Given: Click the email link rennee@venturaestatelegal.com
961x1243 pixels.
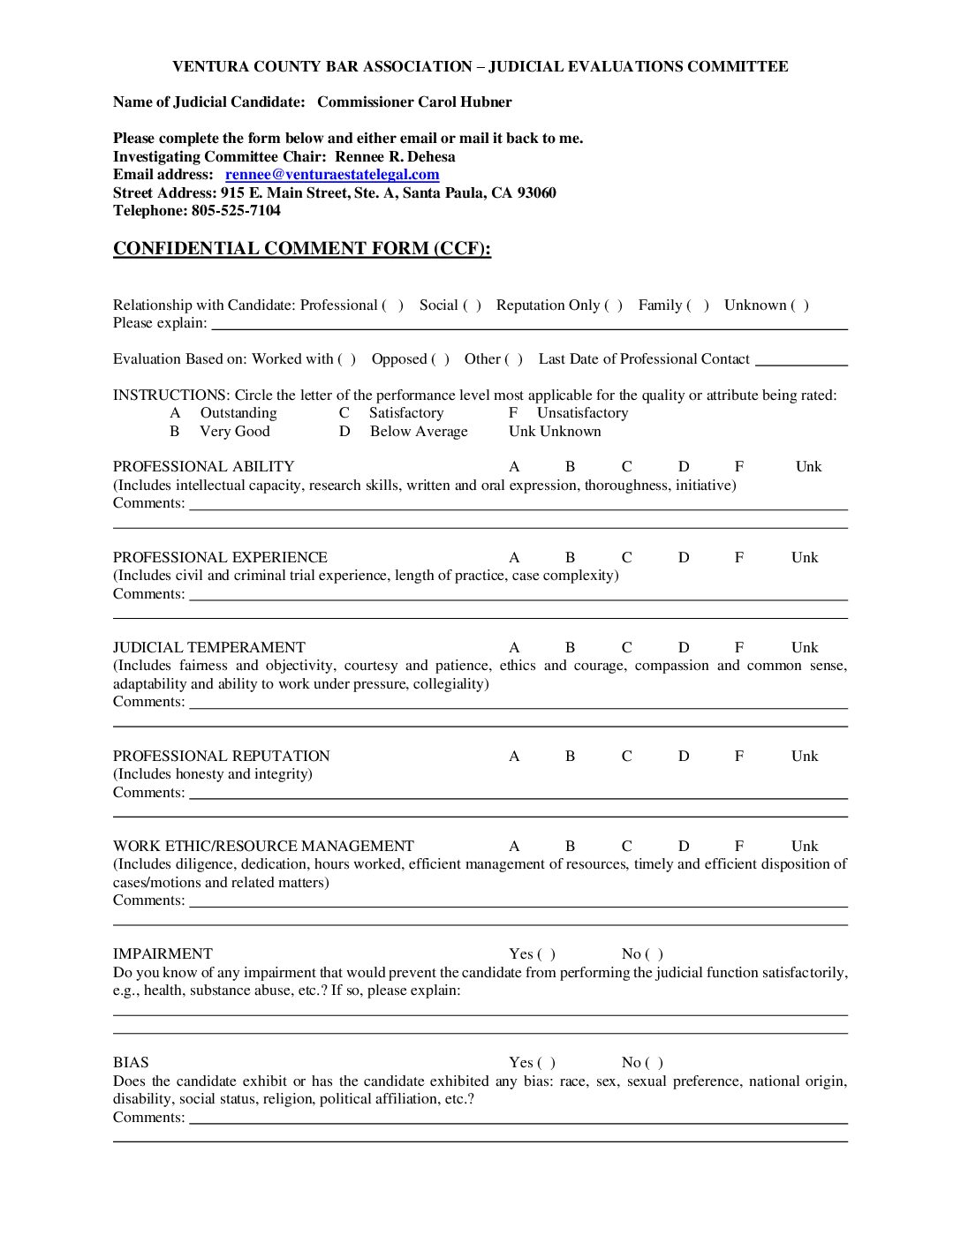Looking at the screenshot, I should point(332,175).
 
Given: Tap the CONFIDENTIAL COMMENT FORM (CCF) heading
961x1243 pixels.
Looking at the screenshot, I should point(301,249).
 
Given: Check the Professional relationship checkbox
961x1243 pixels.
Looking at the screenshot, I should point(392,305).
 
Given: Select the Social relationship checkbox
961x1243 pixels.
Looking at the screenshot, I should point(473,305).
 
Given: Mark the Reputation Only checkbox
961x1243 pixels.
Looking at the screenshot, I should point(614,305).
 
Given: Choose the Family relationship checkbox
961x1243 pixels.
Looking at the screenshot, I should point(698,305).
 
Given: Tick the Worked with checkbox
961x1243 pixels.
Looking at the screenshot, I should point(347,359).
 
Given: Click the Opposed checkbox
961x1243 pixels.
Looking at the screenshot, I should point(440,359).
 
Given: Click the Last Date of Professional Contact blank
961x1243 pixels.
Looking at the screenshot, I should point(801,360).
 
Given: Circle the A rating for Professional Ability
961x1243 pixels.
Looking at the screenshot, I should point(514,467).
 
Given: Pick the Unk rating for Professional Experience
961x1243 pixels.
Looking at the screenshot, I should point(805,558).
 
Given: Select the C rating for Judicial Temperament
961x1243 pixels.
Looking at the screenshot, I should point(626,648).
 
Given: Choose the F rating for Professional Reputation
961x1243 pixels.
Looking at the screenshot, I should point(739,757).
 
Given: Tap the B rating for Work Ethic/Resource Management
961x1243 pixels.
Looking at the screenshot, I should point(570,847).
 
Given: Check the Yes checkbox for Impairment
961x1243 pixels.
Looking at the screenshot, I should point(547,954).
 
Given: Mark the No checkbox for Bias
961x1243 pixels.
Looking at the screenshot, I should point(655,1063).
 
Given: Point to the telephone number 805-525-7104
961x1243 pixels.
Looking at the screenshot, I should point(236,211).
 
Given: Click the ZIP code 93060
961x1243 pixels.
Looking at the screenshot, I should point(536,193).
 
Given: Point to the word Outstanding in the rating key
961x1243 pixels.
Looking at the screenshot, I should point(238,413).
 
